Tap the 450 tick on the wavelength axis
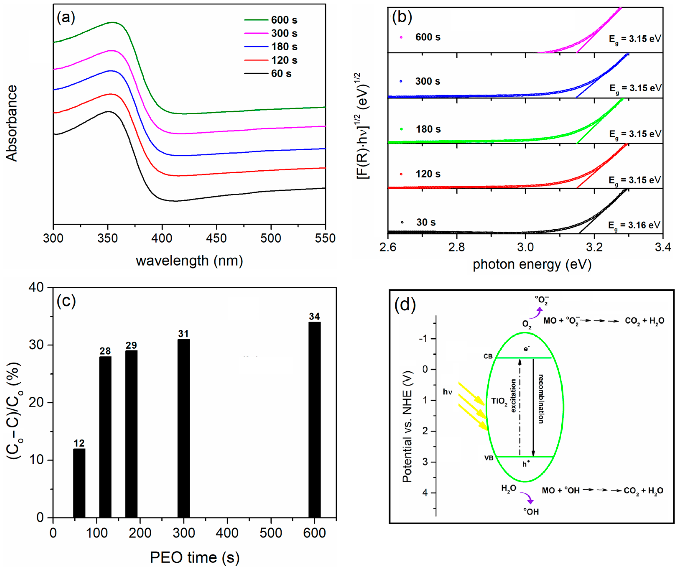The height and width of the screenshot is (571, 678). (x=216, y=238)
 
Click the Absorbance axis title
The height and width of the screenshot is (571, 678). (x=12, y=123)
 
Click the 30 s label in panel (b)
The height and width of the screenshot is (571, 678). (x=426, y=222)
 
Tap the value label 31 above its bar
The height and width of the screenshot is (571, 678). (x=184, y=334)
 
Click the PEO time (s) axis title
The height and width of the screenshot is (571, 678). (x=195, y=557)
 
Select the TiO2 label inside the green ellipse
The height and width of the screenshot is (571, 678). (x=499, y=401)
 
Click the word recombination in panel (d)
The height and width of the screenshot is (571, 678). (x=541, y=399)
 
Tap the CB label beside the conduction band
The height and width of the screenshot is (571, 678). (x=488, y=356)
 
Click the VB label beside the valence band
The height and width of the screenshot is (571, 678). (x=489, y=458)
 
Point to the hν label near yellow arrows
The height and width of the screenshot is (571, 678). (x=448, y=392)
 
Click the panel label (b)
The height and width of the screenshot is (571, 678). (x=402, y=17)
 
